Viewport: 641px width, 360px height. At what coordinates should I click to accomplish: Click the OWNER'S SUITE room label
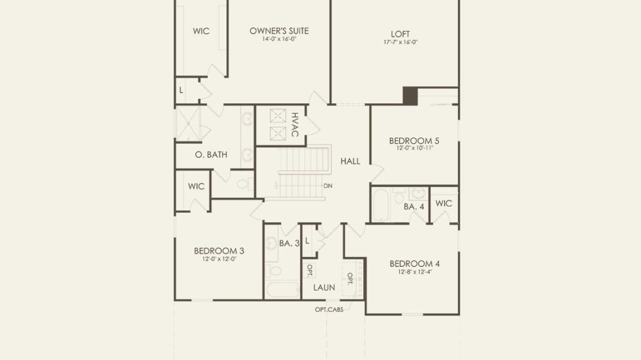point(279,31)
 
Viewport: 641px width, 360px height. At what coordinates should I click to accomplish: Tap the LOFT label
point(400,34)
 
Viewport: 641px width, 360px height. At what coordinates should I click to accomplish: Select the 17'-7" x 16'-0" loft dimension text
point(400,42)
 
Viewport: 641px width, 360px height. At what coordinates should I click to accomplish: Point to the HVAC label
point(295,125)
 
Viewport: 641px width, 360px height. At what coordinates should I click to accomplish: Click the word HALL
point(351,161)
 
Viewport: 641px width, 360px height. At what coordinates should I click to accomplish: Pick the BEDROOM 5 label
point(414,141)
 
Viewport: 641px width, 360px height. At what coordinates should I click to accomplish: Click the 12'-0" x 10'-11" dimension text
point(414,148)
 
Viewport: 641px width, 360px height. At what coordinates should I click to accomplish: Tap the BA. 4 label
point(413,207)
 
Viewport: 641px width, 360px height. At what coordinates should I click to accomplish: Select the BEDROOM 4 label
point(415,264)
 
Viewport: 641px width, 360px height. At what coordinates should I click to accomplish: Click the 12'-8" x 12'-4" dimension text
point(415,272)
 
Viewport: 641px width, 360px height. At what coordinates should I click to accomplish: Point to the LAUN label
point(324,288)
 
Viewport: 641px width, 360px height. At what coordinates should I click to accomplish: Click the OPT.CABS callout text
point(329,310)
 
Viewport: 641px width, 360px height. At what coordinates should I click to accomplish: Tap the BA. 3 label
point(289,243)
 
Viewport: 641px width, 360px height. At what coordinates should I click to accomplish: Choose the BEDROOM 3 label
point(219,251)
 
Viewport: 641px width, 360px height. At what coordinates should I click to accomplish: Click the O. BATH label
point(211,155)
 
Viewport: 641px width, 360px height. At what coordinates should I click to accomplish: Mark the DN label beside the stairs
point(328,185)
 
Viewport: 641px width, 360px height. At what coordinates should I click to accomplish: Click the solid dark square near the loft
point(410,96)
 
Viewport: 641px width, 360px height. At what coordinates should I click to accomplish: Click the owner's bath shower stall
point(188,123)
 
